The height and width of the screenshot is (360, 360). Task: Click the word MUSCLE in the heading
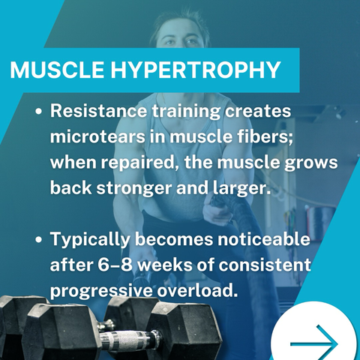click(57, 70)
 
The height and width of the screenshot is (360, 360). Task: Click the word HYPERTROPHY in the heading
click(196, 70)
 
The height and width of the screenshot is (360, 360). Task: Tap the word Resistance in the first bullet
click(99, 111)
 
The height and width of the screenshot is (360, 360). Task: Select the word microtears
click(97, 136)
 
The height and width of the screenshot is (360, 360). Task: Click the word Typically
click(91, 240)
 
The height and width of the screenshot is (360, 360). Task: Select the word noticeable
click(264, 239)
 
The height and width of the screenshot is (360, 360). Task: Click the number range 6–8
click(115, 265)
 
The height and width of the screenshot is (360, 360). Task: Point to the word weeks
click(166, 265)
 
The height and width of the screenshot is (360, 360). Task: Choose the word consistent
click(265, 265)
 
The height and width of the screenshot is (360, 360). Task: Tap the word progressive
click(100, 291)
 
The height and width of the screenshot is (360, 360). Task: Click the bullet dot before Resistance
click(38, 112)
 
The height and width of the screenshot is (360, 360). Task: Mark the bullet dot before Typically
click(38, 239)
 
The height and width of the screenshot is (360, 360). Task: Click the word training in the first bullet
click(187, 112)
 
